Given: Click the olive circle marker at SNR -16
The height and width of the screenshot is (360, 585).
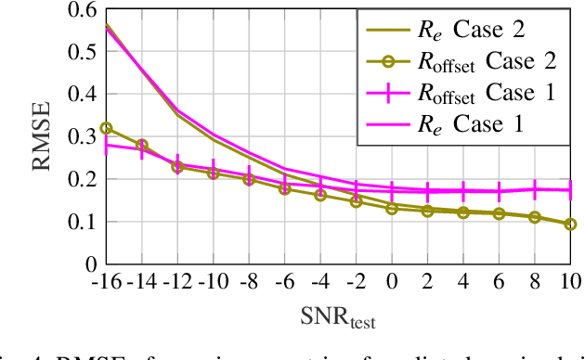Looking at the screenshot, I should [106, 128].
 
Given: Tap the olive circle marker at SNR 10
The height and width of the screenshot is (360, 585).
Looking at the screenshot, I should [570, 224].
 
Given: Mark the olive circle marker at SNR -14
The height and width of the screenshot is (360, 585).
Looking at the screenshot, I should [141, 145].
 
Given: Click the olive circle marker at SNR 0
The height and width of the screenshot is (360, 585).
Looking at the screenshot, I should [392, 209].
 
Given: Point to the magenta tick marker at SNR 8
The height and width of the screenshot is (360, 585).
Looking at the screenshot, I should [535, 189].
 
